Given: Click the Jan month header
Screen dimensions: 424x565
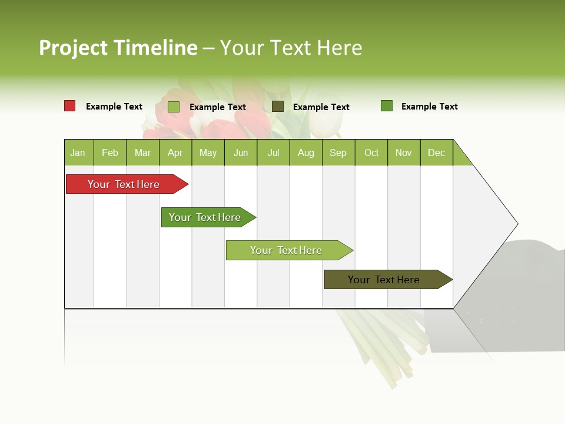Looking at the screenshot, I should pos(78,153).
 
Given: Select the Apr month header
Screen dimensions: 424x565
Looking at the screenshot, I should pos(175,153).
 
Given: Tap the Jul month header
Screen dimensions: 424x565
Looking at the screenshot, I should pos(273,153).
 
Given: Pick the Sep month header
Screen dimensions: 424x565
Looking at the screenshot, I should pos(338,153).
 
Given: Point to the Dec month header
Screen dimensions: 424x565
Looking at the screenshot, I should pos(436,153).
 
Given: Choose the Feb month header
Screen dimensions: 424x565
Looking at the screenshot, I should pos(110,153).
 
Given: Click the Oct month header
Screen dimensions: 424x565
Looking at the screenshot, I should pos(371,153).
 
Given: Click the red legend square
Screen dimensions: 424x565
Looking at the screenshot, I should pos(69,106).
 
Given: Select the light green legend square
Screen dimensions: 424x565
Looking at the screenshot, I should pos(173,107).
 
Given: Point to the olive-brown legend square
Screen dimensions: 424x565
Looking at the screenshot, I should pos(278,106).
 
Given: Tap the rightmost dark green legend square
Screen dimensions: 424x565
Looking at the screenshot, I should pos(386,106).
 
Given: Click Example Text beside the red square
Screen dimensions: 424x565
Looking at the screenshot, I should pos(114,107).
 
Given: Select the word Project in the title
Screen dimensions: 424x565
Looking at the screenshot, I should pos(74,48).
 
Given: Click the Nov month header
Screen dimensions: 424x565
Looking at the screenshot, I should pos(404,153).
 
